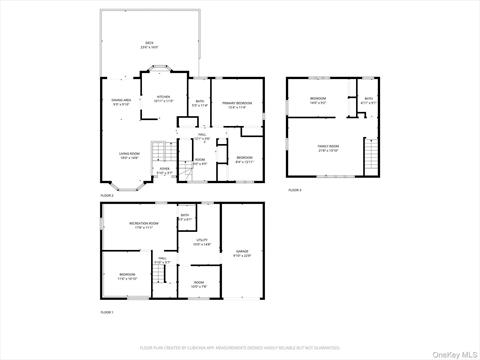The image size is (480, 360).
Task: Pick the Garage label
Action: (x=242, y=251)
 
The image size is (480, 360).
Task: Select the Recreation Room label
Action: (x=145, y=224)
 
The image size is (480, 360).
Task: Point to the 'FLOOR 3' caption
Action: (x=295, y=189)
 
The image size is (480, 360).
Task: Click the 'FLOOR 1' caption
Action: (x=107, y=313)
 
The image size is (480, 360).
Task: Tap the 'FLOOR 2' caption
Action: (x=107, y=195)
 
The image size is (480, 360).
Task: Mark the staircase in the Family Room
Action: (x=372, y=158)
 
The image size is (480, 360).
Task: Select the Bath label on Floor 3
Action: (x=368, y=99)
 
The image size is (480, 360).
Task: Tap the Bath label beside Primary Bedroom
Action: (x=200, y=102)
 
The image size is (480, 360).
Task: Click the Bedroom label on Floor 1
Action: (x=127, y=275)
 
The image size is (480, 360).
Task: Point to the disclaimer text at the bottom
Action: (x=240, y=347)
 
